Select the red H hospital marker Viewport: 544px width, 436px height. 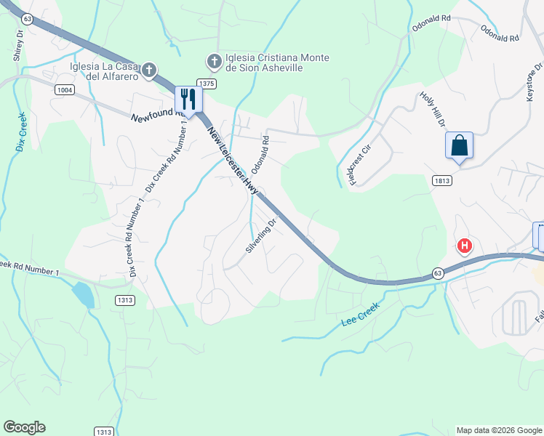465,246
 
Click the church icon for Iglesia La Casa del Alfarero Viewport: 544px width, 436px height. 149,70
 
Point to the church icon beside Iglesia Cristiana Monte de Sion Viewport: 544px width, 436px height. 214,60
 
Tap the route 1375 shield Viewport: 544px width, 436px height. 207,84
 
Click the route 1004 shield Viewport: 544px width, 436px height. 63,89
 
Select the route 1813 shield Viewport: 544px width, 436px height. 441,180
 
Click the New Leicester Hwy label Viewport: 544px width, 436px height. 233,160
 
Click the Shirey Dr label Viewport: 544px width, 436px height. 20,43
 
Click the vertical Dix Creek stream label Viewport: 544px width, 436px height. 20,132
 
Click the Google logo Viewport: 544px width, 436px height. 24,427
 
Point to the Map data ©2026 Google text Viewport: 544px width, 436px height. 498,430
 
